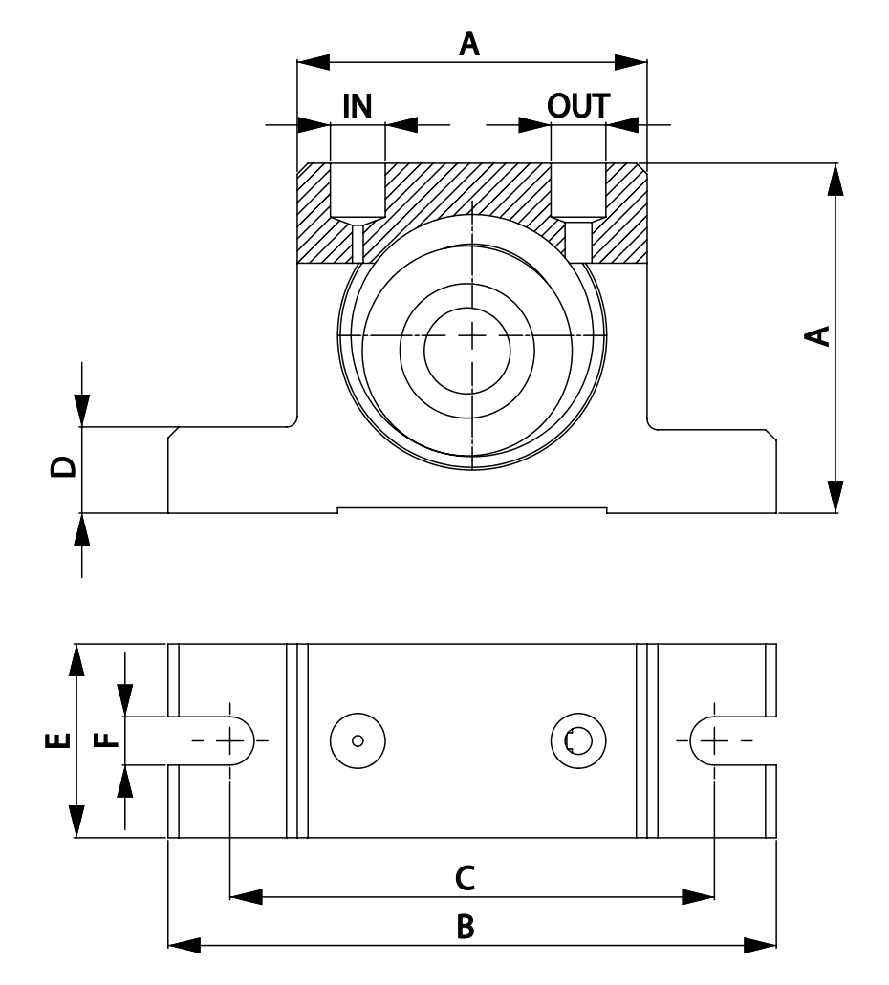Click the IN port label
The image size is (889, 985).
point(358,106)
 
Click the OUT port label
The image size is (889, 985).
point(577,106)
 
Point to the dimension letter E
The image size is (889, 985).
point(58,740)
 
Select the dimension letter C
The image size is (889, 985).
point(465,878)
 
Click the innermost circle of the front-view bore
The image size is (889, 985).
point(472,335)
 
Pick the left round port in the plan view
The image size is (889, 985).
point(357,740)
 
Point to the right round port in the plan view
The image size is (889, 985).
point(578,740)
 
